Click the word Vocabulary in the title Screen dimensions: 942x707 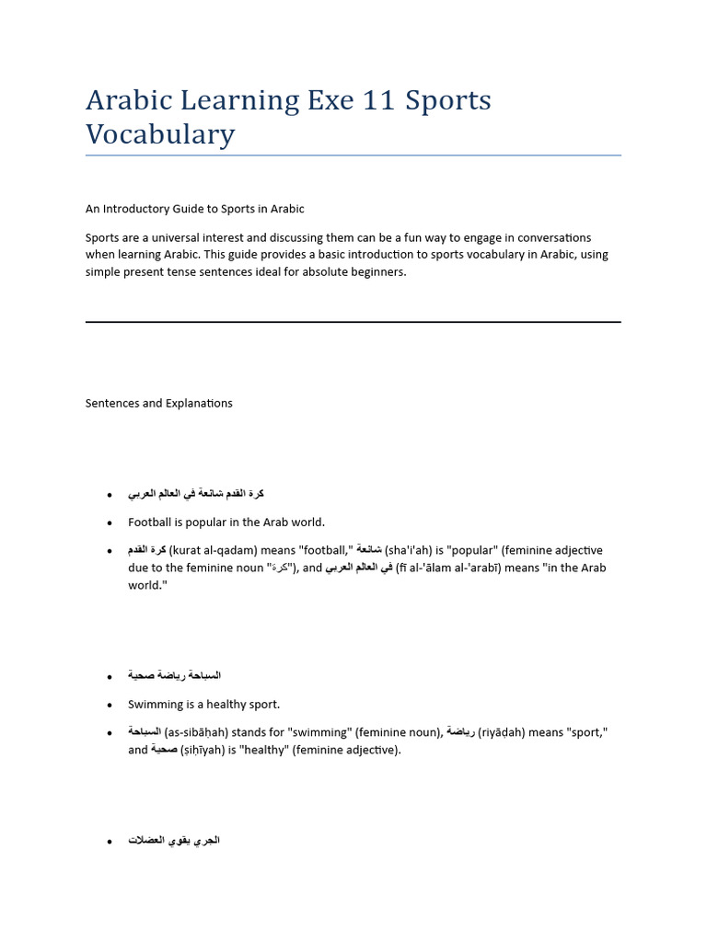point(160,134)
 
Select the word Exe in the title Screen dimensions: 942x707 point(329,100)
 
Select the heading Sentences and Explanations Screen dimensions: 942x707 point(158,403)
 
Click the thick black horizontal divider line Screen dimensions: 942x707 point(353,322)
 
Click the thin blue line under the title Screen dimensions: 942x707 point(353,155)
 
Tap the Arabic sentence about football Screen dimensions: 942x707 point(196,494)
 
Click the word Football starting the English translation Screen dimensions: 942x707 point(149,523)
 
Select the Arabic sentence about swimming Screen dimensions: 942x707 point(174,676)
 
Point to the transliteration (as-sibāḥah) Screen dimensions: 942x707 point(196,732)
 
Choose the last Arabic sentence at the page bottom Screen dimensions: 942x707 point(174,841)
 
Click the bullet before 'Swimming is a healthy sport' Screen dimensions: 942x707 point(110,706)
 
